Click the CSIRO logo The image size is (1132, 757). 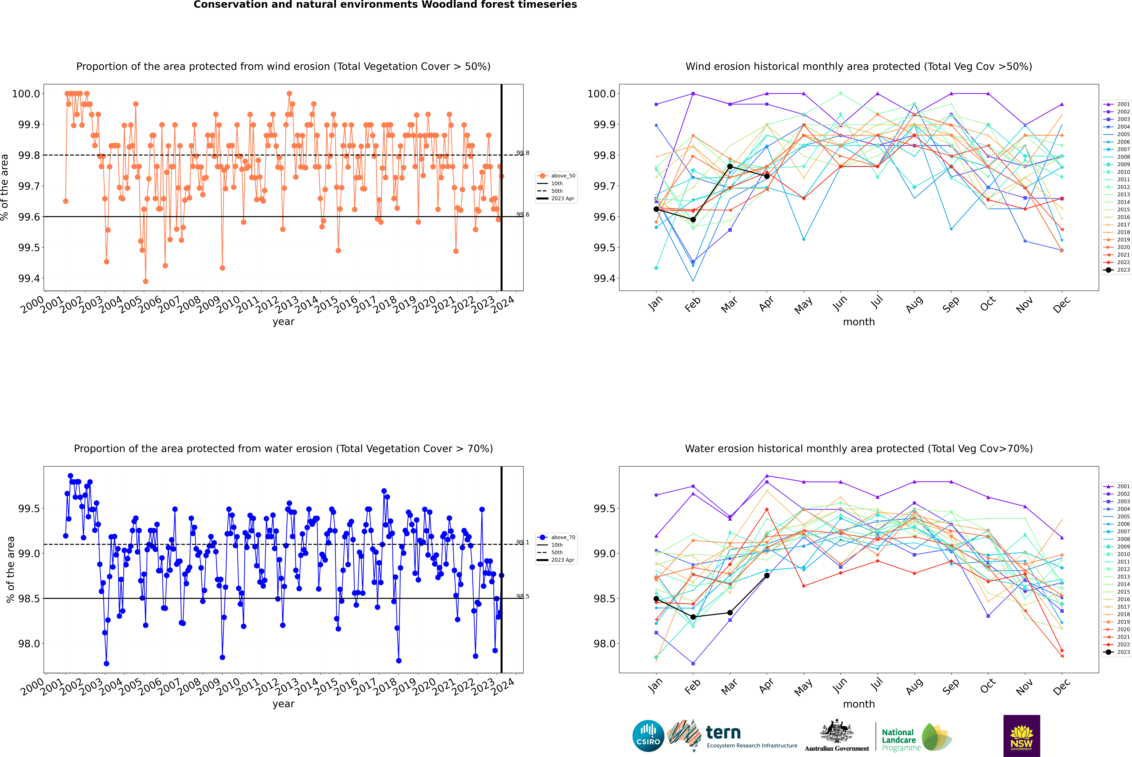click(x=648, y=736)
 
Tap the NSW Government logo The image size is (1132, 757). click(x=1021, y=736)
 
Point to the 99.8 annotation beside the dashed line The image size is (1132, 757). click(x=523, y=153)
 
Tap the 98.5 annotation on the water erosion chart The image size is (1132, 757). click(x=523, y=596)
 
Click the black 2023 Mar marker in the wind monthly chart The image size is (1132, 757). click(x=730, y=167)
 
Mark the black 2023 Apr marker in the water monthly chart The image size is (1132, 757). click(x=767, y=575)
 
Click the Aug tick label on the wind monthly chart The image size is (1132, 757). click(x=914, y=304)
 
